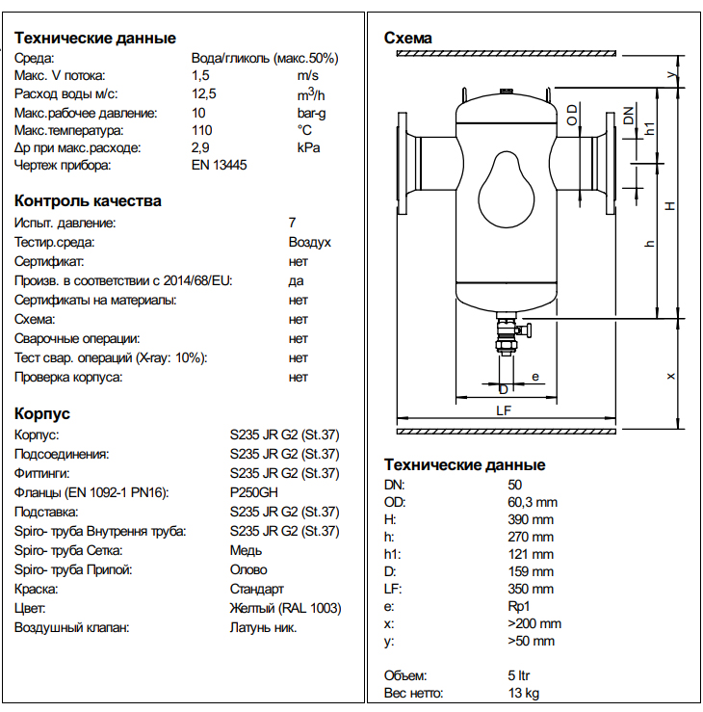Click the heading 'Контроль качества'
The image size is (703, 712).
tap(88, 201)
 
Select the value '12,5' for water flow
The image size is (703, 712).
tap(204, 93)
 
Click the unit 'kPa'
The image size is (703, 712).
tap(308, 147)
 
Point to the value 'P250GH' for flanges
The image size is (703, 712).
tap(251, 492)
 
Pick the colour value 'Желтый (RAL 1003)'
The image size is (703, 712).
tap(285, 608)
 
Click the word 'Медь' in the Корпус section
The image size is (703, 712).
tap(246, 550)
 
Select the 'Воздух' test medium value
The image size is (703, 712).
tap(310, 242)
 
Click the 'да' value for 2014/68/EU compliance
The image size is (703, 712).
tap(296, 280)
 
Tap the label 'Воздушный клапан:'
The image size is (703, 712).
tap(72, 627)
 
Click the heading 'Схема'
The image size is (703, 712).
tap(408, 39)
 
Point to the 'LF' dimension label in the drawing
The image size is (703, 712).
tap(503, 410)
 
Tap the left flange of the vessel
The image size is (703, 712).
tap(404, 164)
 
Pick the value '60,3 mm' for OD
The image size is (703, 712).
tap(533, 502)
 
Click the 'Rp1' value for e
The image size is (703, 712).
tap(519, 606)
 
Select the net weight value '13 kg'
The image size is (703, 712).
tap(524, 693)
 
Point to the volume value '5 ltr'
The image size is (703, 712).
tap(522, 675)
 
